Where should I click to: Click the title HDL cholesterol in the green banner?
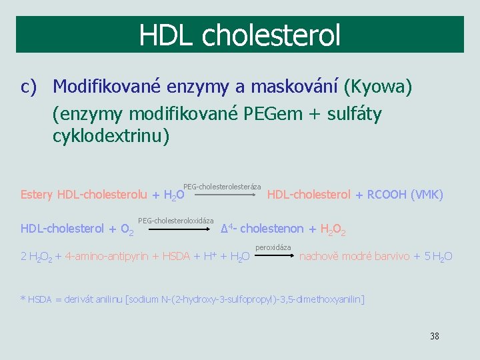[239, 35]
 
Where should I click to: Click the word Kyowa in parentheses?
[378, 87]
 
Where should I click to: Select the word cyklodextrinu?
[111, 136]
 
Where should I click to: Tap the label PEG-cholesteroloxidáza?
[176, 221]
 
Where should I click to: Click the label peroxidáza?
[273, 248]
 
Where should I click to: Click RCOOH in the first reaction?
[387, 195]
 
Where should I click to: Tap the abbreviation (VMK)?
[428, 195]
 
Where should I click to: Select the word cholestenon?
[271, 229]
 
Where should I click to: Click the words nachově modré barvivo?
[355, 256]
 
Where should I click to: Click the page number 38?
[435, 336]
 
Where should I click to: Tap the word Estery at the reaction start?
[37, 195]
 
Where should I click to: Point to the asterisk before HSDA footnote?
[23, 299]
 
